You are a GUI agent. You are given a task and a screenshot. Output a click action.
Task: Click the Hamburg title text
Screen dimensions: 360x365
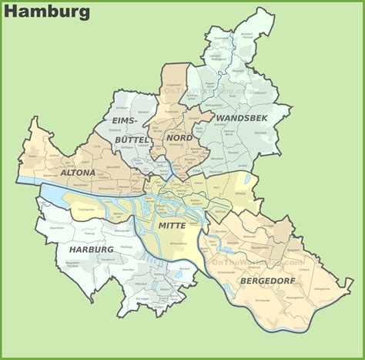tap(47, 12)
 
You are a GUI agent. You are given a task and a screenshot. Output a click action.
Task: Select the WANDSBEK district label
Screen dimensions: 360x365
tap(243, 118)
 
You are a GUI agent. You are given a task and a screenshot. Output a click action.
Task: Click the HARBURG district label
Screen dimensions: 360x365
tap(89, 250)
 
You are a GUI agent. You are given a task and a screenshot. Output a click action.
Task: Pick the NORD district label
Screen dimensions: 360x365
tap(179, 137)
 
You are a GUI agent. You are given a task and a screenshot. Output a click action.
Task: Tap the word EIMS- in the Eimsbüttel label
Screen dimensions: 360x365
tap(124, 122)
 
